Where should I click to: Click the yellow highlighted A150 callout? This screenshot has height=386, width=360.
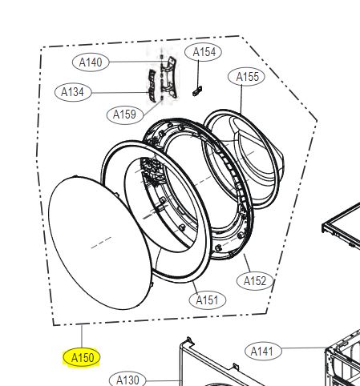pyautogui.click(x=82, y=357)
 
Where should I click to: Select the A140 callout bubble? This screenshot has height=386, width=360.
pyautogui.click(x=91, y=62)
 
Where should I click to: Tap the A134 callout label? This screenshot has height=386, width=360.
pyautogui.click(x=73, y=92)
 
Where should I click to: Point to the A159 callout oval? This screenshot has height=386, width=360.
pyautogui.click(x=125, y=115)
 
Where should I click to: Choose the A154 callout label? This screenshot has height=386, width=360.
pyautogui.click(x=204, y=52)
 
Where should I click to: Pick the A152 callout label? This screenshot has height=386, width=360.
pyautogui.click(x=255, y=281)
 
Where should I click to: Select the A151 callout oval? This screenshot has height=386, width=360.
pyautogui.click(x=207, y=300)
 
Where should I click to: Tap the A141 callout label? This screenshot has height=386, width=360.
pyautogui.click(x=263, y=352)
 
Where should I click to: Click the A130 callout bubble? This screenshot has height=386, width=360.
pyautogui.click(x=127, y=379)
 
